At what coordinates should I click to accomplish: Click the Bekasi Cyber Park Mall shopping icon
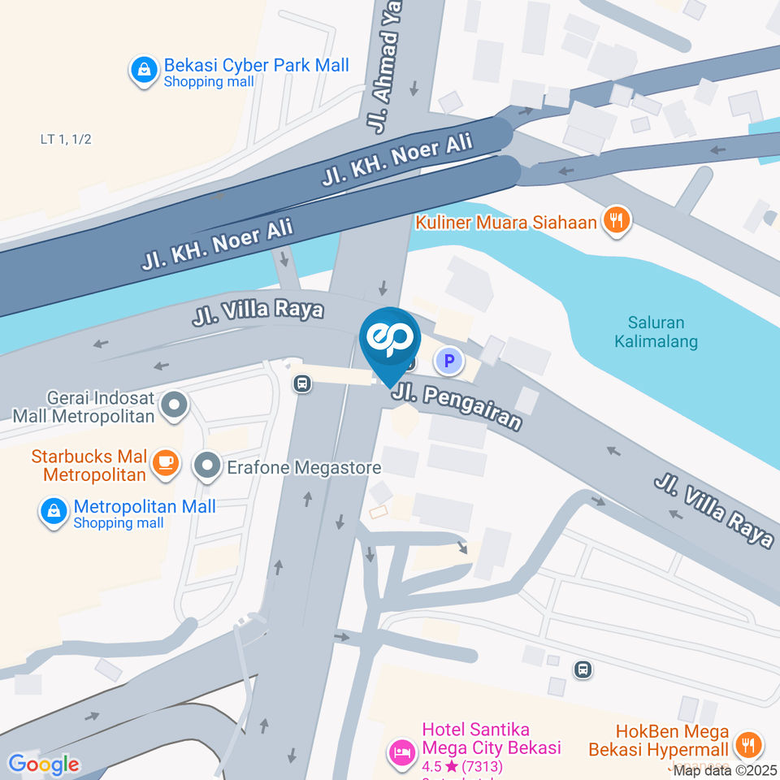coord(144,71)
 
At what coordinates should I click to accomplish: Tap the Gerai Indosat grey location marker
coord(173,405)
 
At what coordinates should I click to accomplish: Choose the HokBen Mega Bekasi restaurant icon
coord(747,743)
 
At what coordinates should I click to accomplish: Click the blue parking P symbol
coord(448,360)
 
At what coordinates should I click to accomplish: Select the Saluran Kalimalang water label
coord(662,331)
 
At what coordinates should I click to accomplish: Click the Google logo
coord(44,764)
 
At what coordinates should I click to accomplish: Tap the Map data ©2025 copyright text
coord(726,770)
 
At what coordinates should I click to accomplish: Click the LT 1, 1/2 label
coord(66,139)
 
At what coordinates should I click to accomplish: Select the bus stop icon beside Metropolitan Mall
coord(302,383)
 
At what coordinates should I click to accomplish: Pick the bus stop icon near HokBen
coord(582,669)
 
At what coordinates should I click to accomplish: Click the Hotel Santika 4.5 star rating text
coord(462,766)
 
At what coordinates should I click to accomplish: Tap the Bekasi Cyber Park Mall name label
coord(256,65)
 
